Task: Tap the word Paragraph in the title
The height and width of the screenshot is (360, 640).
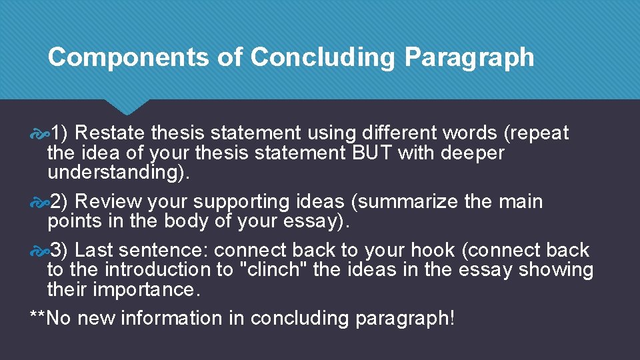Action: [469, 57]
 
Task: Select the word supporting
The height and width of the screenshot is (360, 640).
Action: [235, 201]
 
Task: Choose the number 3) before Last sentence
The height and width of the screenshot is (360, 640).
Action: [62, 250]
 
